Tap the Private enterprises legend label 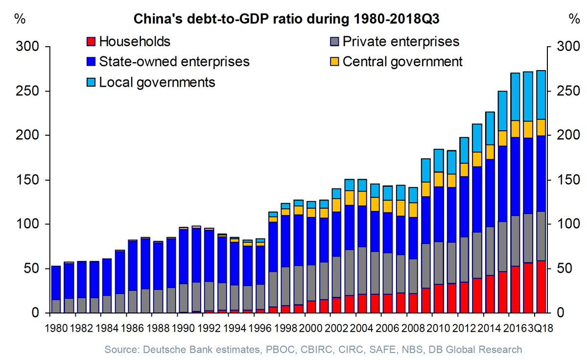(x=401, y=41)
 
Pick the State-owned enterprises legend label (x=174, y=62)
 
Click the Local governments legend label (x=157, y=82)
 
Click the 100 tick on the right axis (x=559, y=224)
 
